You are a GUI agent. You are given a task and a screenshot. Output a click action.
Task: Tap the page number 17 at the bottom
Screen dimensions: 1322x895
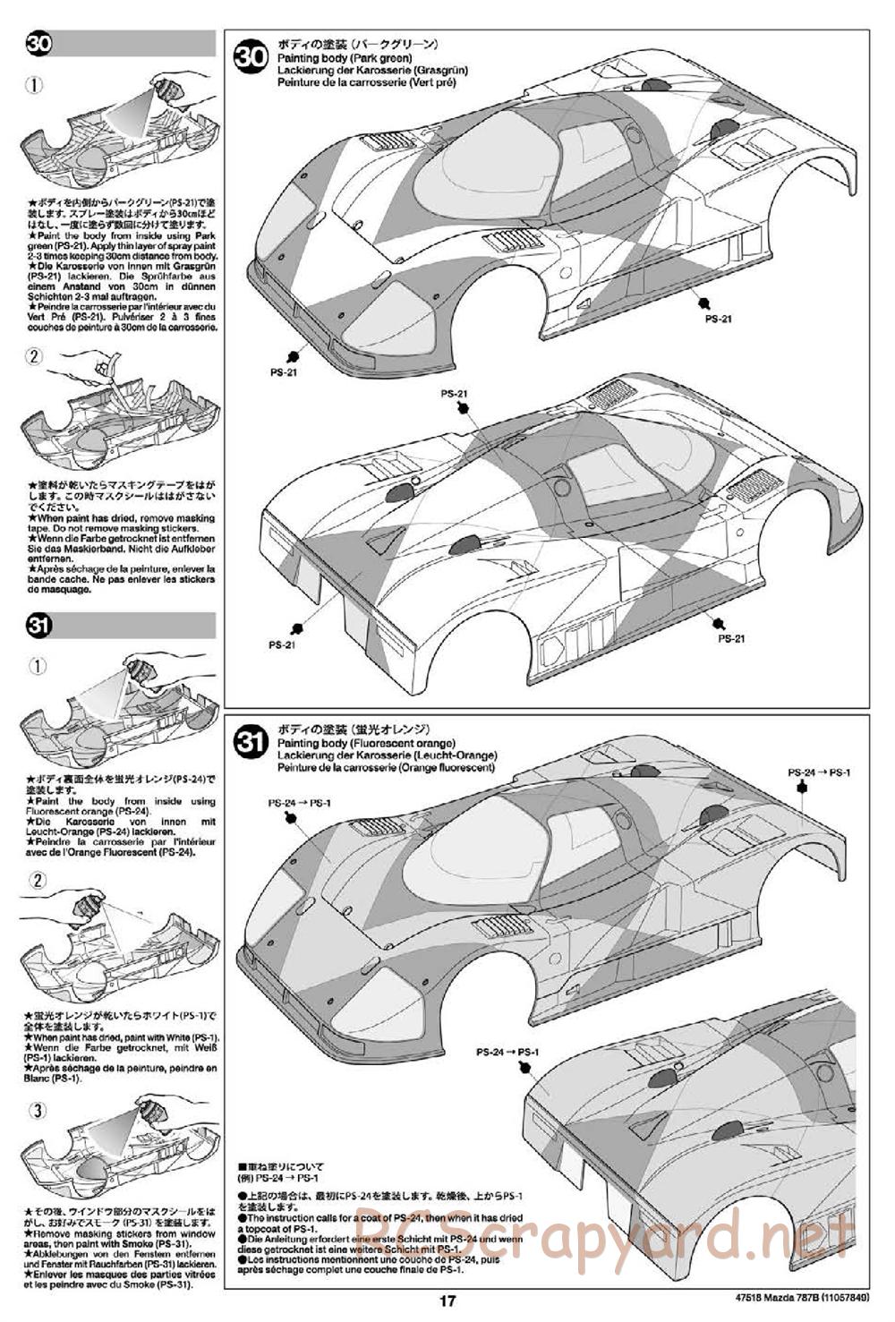tap(447, 1302)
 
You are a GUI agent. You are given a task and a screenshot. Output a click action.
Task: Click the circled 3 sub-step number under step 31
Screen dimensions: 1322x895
tap(37, 1111)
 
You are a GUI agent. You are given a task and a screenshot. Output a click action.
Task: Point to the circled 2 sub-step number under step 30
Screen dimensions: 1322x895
tap(33, 356)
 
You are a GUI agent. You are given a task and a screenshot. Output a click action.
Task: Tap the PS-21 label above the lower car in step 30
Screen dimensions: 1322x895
tap(455, 394)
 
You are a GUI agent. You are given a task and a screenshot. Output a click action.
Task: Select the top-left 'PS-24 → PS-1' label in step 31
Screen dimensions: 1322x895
tap(299, 803)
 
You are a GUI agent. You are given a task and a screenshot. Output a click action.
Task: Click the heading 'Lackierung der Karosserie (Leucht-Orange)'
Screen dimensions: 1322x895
tap(387, 755)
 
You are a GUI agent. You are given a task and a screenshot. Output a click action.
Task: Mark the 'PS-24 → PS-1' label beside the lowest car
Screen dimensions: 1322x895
tap(507, 1053)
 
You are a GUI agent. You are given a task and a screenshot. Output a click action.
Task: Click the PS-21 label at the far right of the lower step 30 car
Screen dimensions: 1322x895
tap(731, 638)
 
